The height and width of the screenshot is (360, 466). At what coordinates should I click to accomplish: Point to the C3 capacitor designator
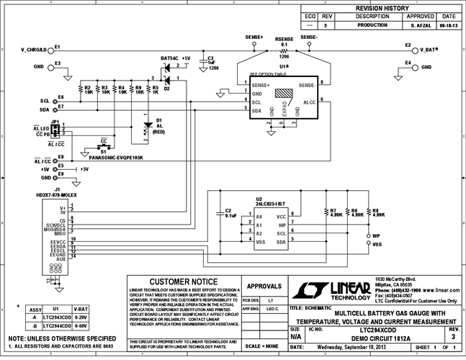[x=211, y=57]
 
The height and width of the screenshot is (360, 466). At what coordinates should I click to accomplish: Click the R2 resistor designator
[x=87, y=86]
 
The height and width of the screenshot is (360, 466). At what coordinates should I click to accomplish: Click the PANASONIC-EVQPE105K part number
[x=108, y=156]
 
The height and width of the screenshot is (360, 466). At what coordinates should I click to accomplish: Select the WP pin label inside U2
[x=282, y=225]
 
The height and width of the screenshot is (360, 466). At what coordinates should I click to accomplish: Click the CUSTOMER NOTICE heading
[x=182, y=282]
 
